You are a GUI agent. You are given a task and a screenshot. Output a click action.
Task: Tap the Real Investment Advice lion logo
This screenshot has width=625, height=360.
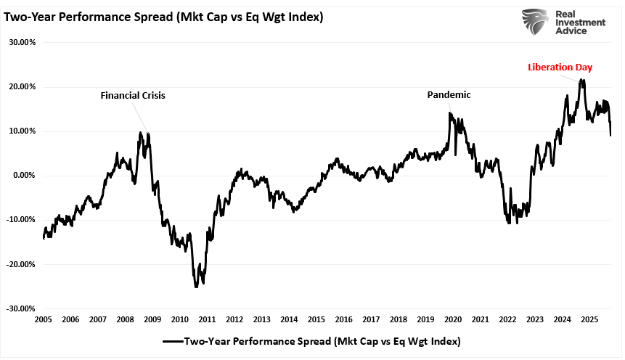pos(535,22)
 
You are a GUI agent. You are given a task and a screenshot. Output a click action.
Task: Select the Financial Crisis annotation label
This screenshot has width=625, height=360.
pos(133,95)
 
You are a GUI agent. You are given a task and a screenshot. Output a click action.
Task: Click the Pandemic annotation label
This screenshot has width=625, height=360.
pos(449,94)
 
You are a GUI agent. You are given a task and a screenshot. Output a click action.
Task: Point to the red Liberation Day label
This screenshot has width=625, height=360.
pos(560,67)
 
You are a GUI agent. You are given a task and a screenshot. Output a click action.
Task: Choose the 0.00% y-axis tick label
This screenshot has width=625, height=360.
pos(23,175)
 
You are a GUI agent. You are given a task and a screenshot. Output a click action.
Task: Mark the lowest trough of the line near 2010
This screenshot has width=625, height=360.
pos(196,287)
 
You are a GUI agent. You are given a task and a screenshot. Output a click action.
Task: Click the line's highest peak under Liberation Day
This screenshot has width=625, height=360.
pos(581,80)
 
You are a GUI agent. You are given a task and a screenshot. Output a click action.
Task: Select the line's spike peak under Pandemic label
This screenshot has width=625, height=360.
pos(450,112)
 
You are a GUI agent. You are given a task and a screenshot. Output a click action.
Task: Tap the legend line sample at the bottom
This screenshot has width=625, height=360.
pos(173,341)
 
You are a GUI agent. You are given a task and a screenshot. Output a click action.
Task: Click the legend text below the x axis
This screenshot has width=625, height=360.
pos(322,341)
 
